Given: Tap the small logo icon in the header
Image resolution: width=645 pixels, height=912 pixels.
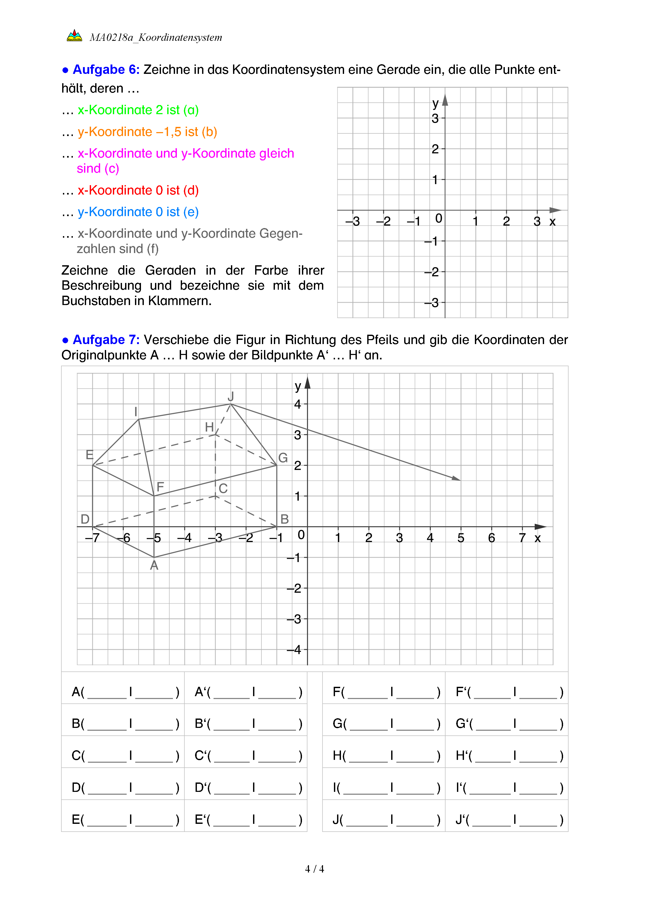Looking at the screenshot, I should tap(74, 36).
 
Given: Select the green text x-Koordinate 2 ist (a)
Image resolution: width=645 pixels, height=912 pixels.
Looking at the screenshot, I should tap(138, 110).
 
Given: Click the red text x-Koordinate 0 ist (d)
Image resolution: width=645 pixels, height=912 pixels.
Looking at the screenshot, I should tap(138, 191).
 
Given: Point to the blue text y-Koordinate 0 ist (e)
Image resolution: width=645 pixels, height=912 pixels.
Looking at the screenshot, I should tap(138, 212).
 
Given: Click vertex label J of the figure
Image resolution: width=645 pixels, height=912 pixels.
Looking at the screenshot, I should tap(231, 396).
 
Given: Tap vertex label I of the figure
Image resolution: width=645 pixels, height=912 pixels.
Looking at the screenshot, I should tap(136, 411).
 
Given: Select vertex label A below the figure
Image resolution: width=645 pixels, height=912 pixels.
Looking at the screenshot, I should tap(154, 565).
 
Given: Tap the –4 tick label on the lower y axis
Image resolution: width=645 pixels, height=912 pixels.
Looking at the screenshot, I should tap(294, 650).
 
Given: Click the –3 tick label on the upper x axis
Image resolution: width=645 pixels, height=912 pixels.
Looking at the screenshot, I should tap(352, 222).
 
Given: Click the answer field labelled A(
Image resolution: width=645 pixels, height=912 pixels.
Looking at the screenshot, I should tap(123, 692).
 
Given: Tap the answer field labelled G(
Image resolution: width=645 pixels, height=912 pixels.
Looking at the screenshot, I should tap(384, 724).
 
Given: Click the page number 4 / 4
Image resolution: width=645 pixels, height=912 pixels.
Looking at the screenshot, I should tap(314, 869).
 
